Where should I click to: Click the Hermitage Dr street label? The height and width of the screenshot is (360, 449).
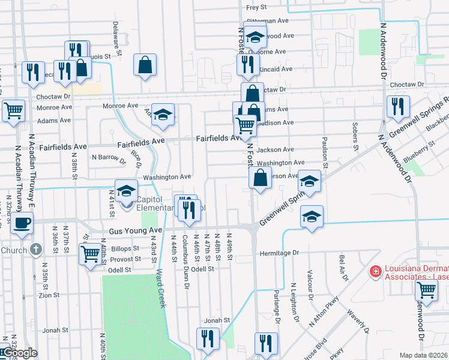[x=279, y=253]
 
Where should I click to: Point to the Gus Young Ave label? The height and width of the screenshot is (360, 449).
[x=136, y=231]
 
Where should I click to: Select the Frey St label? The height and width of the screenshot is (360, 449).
[x=256, y=8]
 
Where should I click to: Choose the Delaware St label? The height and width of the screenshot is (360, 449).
[x=118, y=40]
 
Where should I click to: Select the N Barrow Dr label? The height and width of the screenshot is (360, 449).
[x=109, y=159]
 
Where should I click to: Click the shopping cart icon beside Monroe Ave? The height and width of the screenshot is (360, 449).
[x=13, y=110]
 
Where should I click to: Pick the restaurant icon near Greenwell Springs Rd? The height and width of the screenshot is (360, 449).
[x=397, y=107]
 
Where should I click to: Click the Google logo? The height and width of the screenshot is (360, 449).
[x=19, y=353]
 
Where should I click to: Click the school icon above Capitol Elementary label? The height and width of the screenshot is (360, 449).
[x=126, y=191]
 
